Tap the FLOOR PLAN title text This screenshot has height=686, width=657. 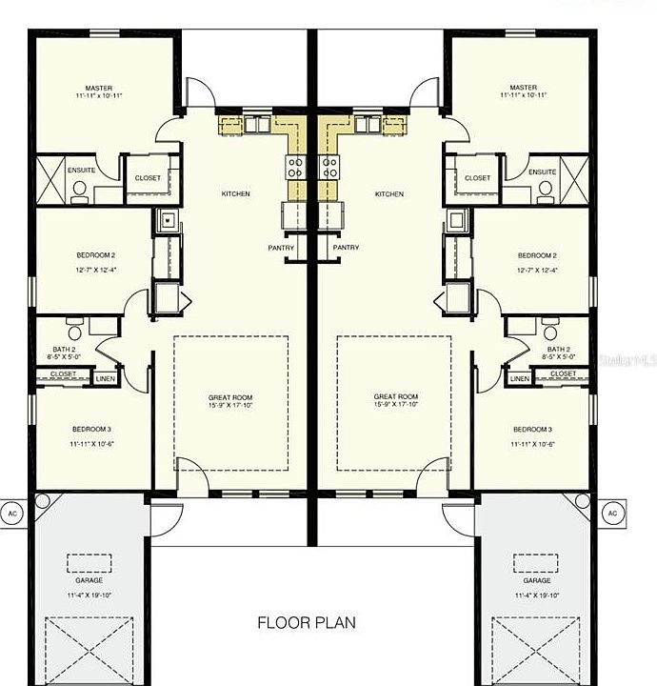307,623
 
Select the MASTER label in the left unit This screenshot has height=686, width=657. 99,88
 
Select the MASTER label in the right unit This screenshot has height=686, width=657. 523,88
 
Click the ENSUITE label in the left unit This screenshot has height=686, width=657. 81,171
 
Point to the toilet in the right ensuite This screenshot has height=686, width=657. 545,189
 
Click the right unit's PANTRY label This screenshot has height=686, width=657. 346,248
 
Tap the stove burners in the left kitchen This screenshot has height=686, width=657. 295,169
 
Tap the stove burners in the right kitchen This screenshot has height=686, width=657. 329,169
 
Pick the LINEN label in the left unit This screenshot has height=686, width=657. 105,378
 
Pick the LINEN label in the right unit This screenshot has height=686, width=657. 519,378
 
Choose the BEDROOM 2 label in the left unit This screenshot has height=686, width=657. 95,255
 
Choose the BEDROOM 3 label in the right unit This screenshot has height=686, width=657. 532,429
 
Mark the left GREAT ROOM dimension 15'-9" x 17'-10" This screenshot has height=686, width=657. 230,405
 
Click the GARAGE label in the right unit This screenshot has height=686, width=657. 537,580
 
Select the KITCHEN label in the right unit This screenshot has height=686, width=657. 388,194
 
